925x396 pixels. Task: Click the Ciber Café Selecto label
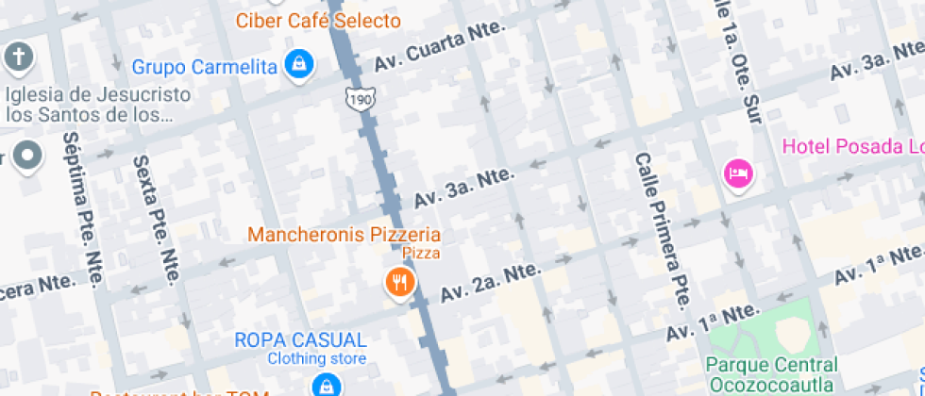[x=318, y=20]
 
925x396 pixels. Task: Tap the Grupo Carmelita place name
[x=204, y=67]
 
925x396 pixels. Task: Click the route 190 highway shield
[x=359, y=98]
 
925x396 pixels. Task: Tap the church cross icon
[x=18, y=58]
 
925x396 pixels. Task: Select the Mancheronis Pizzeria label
[x=344, y=234]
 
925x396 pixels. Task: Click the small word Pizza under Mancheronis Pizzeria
[x=421, y=253]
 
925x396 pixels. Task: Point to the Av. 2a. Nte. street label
[x=491, y=282]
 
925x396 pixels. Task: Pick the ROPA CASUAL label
[x=300, y=340]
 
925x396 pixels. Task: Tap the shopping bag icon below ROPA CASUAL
[x=326, y=385]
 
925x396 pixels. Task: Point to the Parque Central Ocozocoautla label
[x=771, y=373]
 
